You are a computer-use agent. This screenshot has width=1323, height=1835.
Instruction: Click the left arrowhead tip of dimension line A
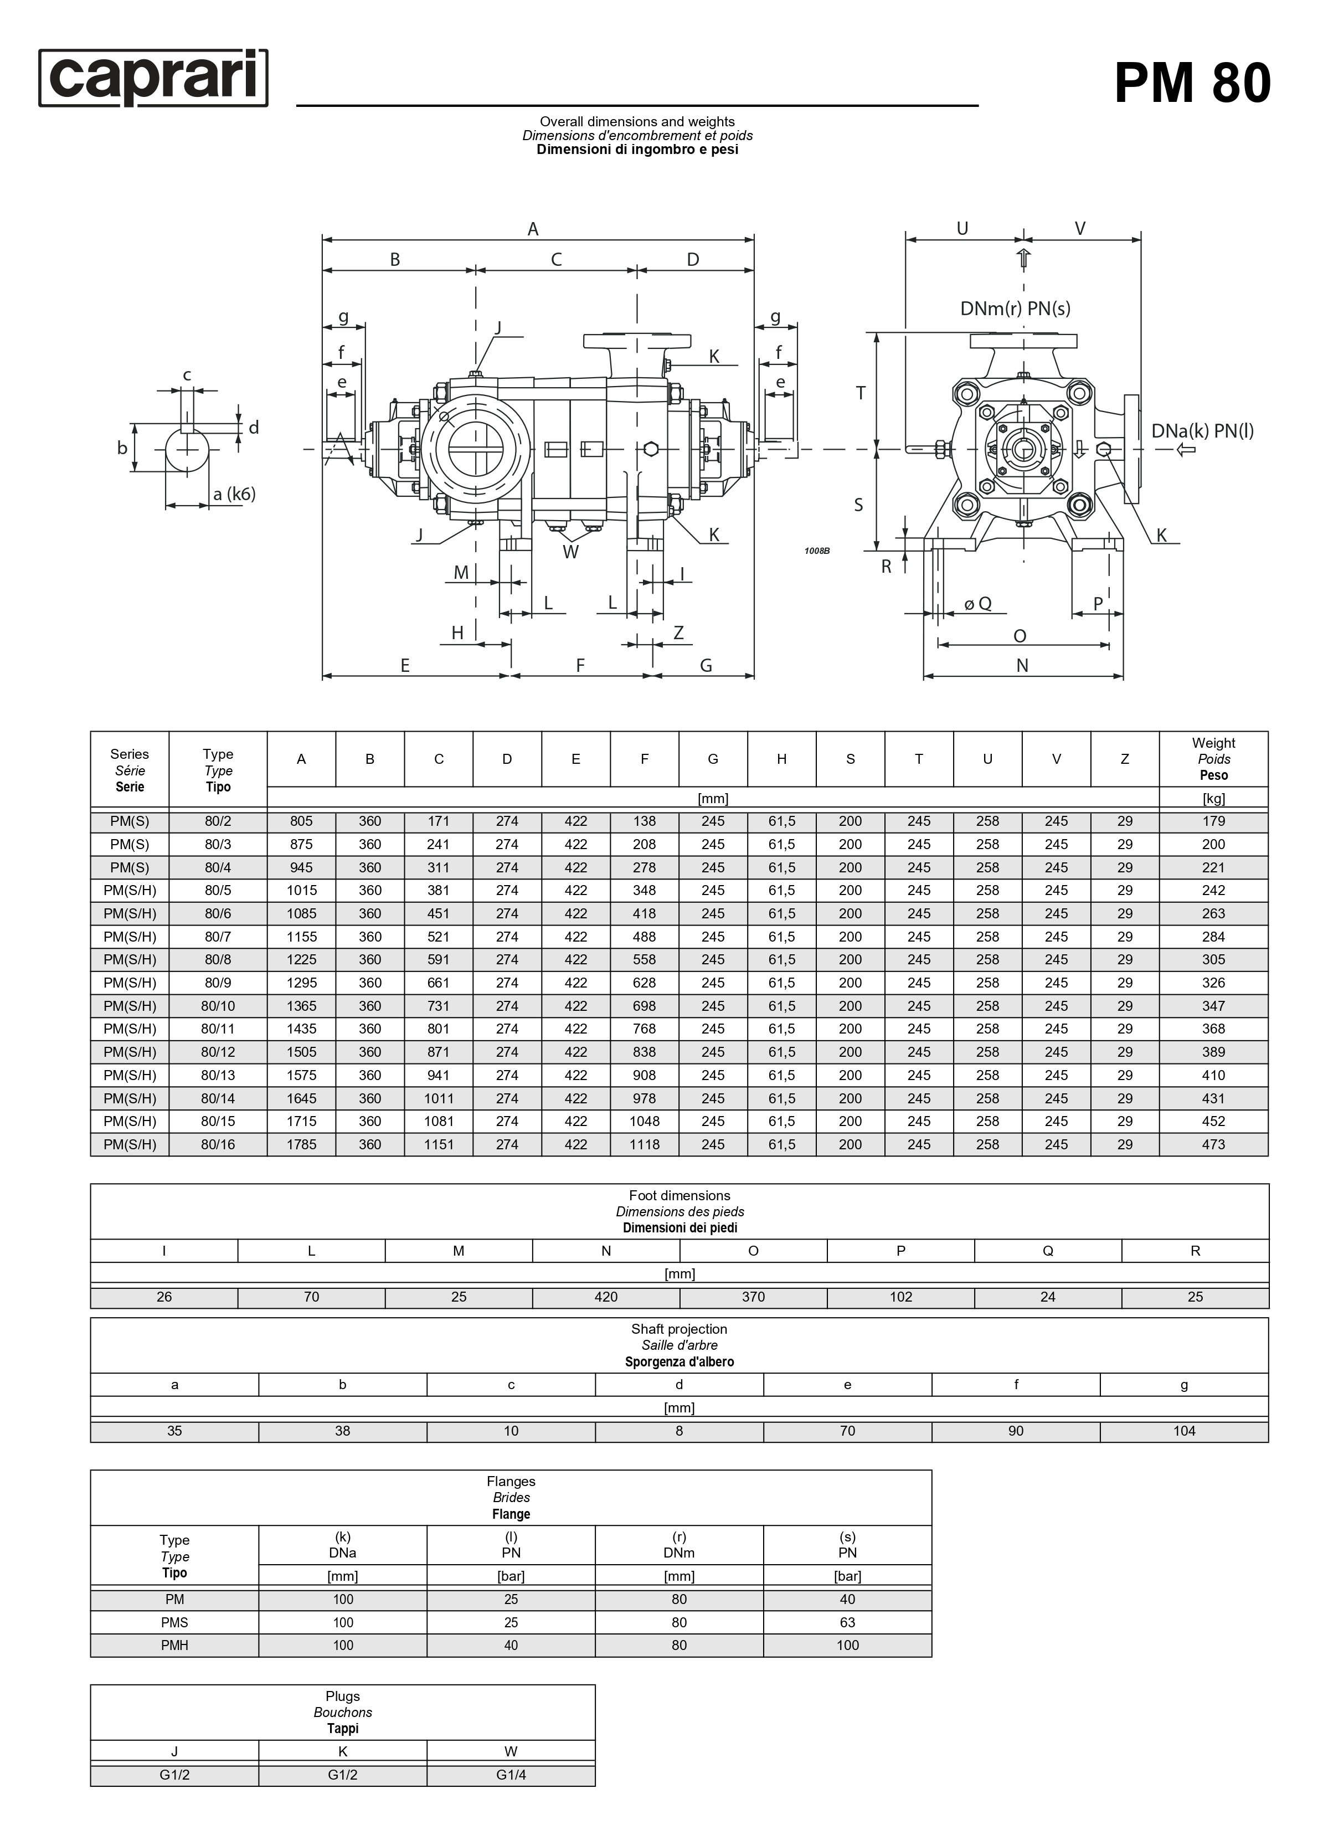coord(323,239)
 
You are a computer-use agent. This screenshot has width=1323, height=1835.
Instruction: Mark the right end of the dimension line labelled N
coord(1123,675)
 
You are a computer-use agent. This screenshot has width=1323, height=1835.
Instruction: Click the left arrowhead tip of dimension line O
coord(938,644)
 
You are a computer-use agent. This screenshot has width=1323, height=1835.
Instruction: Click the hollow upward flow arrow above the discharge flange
coord(1023,259)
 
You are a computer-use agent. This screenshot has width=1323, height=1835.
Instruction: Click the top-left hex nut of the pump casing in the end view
coord(967,394)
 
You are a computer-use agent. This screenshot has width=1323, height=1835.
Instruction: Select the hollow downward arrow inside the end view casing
coord(1079,450)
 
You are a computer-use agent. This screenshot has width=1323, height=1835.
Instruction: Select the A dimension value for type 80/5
coord(301,890)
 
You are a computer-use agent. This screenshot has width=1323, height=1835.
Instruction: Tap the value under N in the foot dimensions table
coord(605,1296)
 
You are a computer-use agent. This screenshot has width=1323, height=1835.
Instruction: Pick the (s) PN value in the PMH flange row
coord(847,1645)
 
